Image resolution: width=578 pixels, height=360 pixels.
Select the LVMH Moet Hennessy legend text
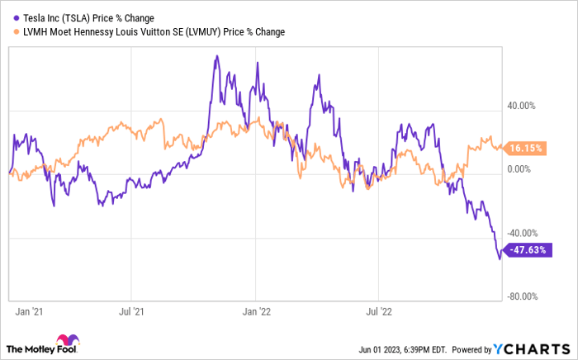149,32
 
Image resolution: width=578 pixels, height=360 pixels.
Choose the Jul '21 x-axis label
132,313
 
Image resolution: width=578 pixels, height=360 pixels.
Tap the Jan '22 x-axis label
256,313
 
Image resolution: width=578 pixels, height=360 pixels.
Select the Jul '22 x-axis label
378,313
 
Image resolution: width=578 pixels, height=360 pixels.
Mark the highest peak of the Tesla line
216,56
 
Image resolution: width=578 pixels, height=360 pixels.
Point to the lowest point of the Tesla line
499,259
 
